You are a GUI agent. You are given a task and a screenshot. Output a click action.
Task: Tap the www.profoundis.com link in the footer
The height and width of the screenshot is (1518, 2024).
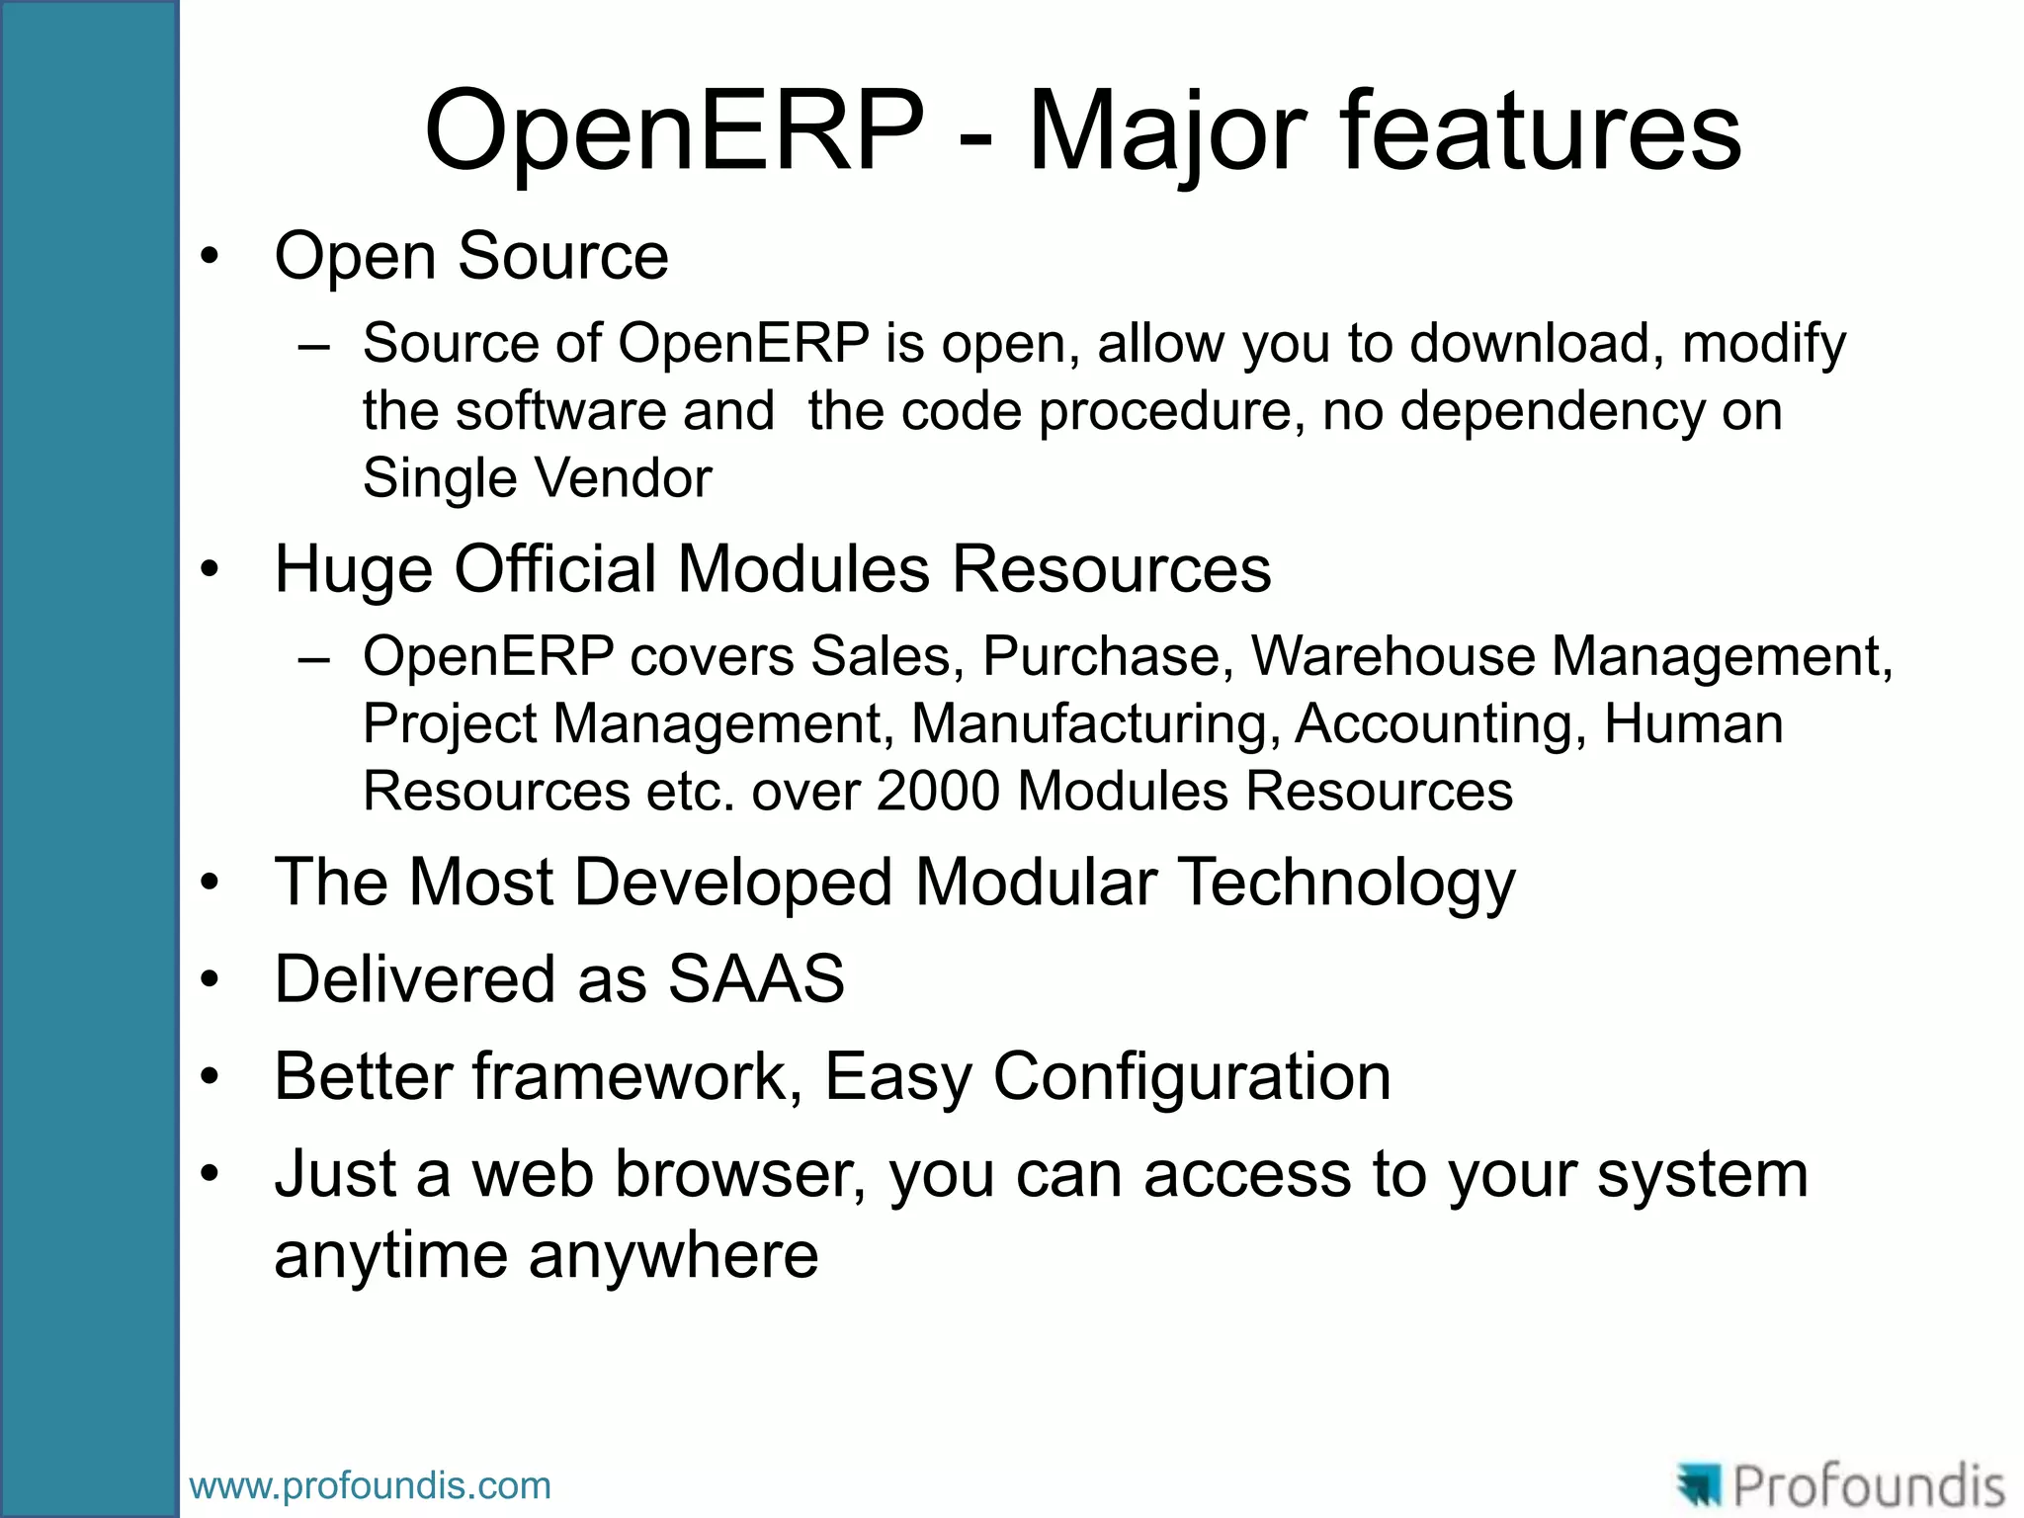(370, 1485)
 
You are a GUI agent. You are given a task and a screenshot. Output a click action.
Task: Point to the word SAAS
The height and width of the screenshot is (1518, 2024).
(756, 979)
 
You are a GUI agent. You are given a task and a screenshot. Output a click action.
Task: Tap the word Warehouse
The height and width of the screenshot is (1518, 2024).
(1392, 656)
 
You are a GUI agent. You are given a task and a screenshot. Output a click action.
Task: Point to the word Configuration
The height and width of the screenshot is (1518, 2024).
(1192, 1076)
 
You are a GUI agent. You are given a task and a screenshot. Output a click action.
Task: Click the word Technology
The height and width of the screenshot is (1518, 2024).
(1348, 882)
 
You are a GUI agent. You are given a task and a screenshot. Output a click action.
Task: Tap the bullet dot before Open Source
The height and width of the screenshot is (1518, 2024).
(209, 257)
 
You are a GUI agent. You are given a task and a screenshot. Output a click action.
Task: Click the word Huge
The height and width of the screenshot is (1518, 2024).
(354, 570)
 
